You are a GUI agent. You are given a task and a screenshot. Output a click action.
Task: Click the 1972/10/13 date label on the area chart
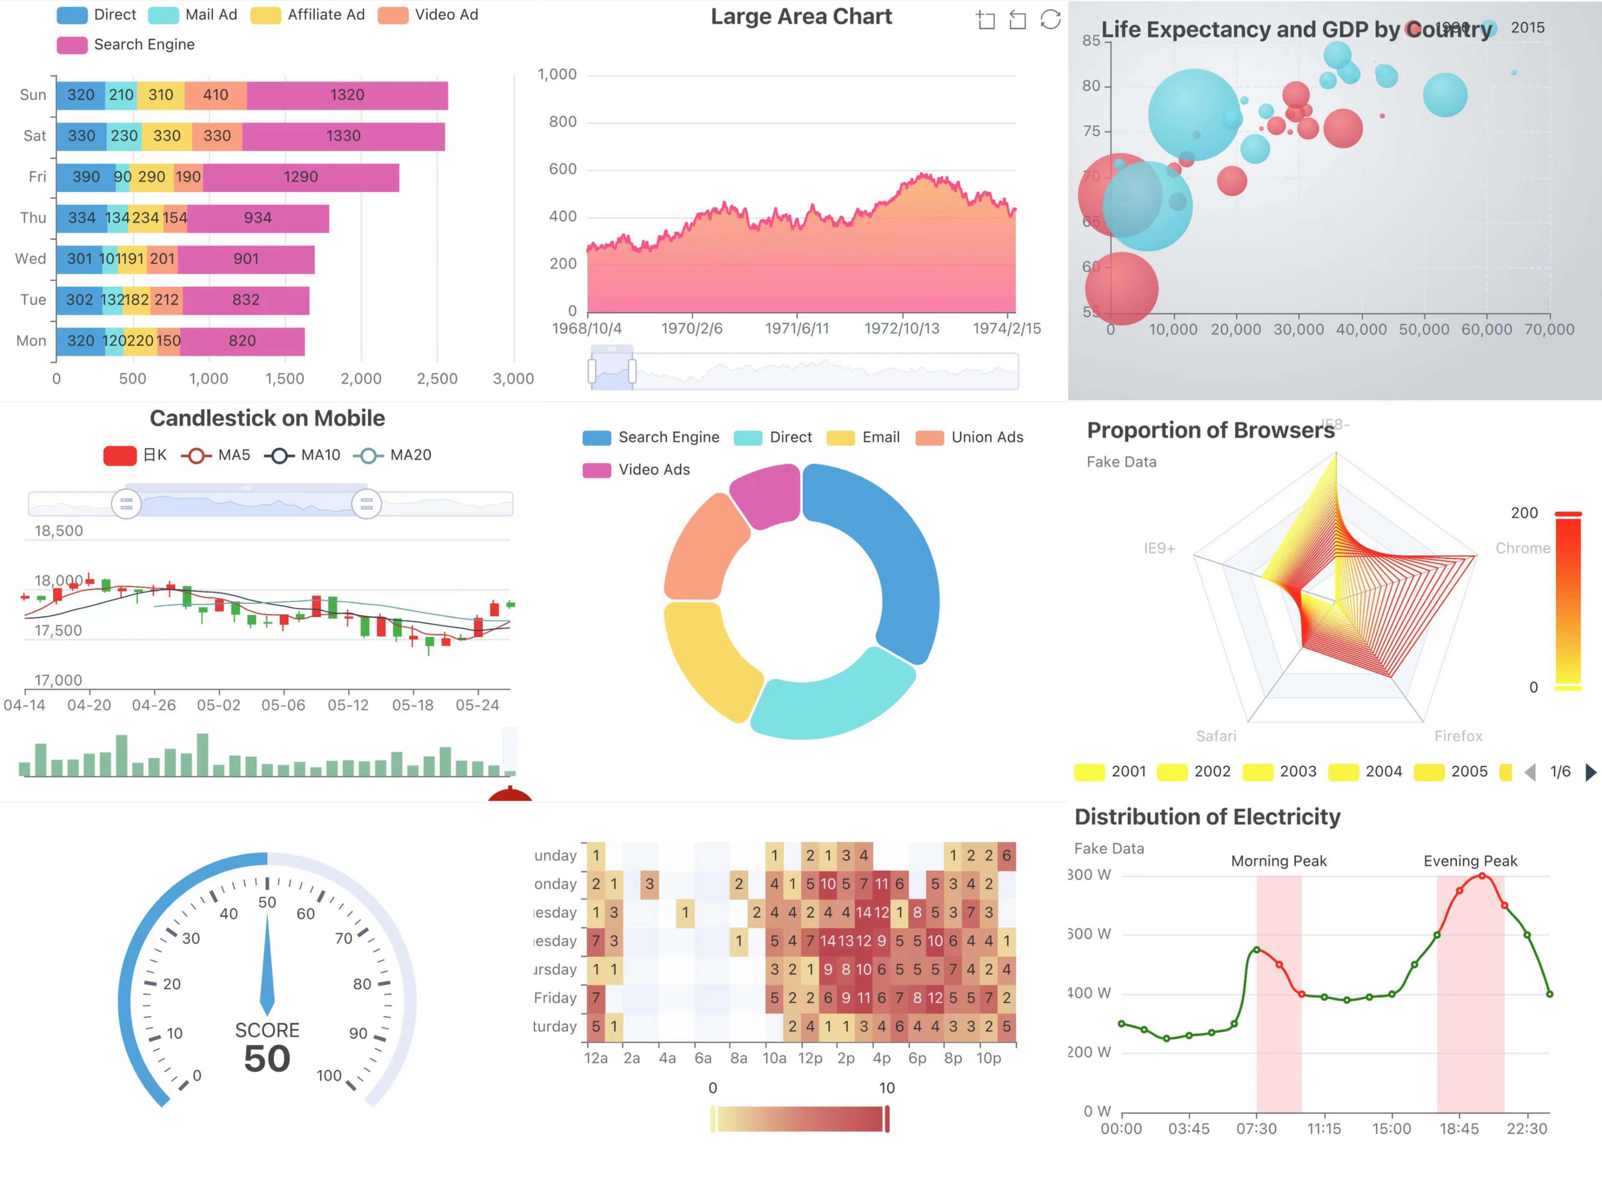click(901, 328)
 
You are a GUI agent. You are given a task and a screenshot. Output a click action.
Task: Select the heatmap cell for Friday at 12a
click(595, 998)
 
